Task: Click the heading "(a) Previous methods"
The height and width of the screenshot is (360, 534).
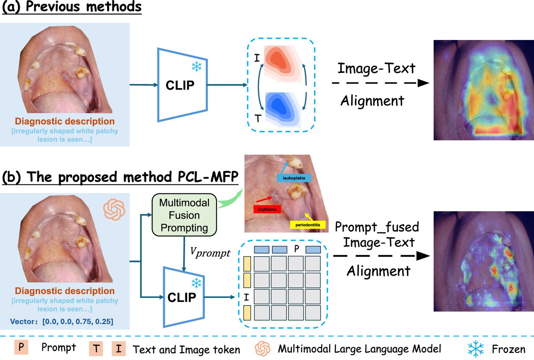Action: pyautogui.click(x=72, y=7)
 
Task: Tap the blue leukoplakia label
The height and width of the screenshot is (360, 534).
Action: pyautogui.click(x=294, y=178)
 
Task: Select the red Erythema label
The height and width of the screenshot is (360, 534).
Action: pyautogui.click(x=267, y=209)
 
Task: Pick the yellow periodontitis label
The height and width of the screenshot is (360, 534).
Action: pyautogui.click(x=308, y=225)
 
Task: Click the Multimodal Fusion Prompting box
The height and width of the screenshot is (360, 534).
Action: pyautogui.click(x=184, y=215)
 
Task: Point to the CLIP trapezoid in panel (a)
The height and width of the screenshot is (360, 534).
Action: pyautogui.click(x=182, y=85)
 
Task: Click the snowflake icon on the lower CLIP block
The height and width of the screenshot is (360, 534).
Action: pyautogui.click(x=196, y=283)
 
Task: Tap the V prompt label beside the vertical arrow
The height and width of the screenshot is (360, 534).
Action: pyautogui.click(x=210, y=252)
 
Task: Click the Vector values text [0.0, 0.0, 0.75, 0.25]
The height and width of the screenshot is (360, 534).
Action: pyautogui.click(x=78, y=321)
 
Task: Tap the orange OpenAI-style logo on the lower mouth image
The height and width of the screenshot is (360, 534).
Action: pyautogui.click(x=114, y=209)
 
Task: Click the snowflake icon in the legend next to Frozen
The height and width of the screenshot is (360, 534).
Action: pyautogui.click(x=476, y=349)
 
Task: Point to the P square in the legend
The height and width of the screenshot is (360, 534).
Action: pyautogui.click(x=21, y=347)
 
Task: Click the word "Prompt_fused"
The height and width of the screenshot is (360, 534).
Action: pyautogui.click(x=377, y=227)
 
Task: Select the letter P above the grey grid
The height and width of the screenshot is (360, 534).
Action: pyautogui.click(x=296, y=249)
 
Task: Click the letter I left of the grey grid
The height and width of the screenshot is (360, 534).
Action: pyautogui.click(x=246, y=297)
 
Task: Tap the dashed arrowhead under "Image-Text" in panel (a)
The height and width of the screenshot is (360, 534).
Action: pyautogui.click(x=423, y=83)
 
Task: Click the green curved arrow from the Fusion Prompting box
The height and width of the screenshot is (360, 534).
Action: pyautogui.click(x=230, y=199)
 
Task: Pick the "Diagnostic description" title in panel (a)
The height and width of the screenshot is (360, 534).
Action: pyautogui.click(x=64, y=121)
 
